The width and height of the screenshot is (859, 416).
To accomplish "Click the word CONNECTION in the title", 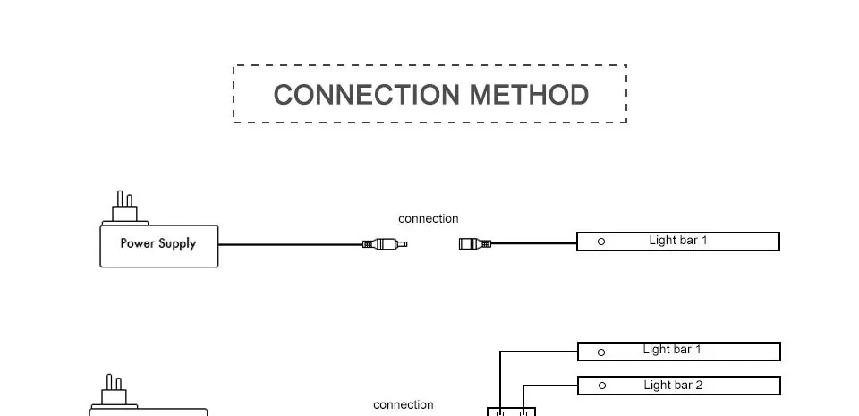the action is point(366,95).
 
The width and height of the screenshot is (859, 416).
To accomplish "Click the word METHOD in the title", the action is point(529,95).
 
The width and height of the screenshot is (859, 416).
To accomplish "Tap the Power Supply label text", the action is point(158,243).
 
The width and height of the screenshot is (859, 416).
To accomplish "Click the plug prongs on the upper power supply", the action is point(124,199).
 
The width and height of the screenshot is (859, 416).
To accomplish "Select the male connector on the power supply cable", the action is point(385,244).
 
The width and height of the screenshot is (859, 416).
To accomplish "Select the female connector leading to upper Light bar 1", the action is point(475,243).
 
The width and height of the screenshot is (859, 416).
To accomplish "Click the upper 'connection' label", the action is point(429,219).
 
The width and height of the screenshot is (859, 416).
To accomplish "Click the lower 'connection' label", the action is point(404,405).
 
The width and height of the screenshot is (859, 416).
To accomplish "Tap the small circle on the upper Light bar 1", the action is point(601,242).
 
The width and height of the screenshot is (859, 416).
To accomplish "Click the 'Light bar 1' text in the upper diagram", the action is point(678,241).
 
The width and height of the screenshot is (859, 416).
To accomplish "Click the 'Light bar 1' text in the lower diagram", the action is point(672,349).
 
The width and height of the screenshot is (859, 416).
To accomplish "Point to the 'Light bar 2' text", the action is point(673,386).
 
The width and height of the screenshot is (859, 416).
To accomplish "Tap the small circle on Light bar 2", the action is point(602,386).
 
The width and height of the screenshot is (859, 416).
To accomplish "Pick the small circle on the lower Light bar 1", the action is point(601,352).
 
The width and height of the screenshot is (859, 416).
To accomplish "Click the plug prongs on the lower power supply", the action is point(114,382).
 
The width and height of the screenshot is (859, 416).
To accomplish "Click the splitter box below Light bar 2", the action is point(511,411).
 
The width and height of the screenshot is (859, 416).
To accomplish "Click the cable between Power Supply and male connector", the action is point(290,244).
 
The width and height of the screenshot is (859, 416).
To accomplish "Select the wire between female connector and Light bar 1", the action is point(534,243).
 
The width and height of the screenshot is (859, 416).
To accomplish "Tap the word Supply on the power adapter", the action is point(177,244).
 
